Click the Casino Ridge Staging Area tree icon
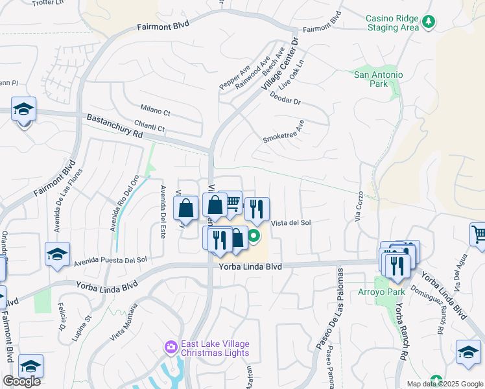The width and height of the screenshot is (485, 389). pos(428,23)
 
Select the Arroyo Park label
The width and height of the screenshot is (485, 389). pos(376,292)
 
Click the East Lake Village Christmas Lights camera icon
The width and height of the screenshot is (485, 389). pos(171,348)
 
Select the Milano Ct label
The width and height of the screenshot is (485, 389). pos(155,111)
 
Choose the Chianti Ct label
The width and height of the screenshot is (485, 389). pos(150,128)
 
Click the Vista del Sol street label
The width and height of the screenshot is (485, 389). pos(291,222)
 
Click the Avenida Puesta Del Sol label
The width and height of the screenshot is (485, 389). pos(111,261)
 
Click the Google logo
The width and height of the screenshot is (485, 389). pos(21,381)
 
